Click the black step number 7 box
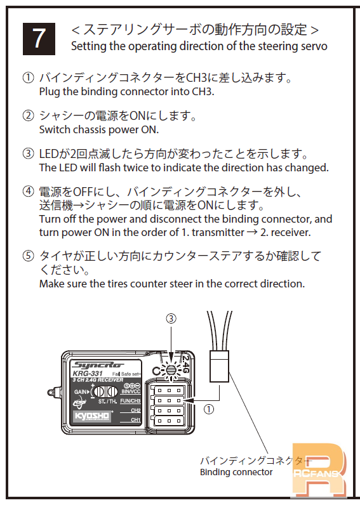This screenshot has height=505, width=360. (39, 39)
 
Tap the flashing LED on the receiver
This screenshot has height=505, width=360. (171, 371)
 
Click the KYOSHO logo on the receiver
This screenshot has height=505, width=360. (93, 416)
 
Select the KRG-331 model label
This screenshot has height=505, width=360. (88, 374)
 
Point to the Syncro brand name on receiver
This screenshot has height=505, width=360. (97, 365)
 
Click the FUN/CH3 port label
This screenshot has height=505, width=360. (130, 401)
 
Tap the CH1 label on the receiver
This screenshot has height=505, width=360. (136, 420)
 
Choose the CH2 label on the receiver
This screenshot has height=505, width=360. (136, 410)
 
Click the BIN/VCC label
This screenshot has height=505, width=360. (131, 391)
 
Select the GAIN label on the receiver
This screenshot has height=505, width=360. (81, 392)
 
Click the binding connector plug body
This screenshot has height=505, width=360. (219, 367)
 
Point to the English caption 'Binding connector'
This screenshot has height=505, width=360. (236, 472)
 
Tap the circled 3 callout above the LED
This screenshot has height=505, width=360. (171, 318)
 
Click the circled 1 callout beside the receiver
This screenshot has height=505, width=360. (209, 409)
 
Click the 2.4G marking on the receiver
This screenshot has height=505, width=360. (185, 364)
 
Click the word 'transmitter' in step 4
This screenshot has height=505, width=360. (218, 233)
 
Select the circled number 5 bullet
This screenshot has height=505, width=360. (28, 256)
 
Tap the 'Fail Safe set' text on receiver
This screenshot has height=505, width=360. (126, 374)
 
